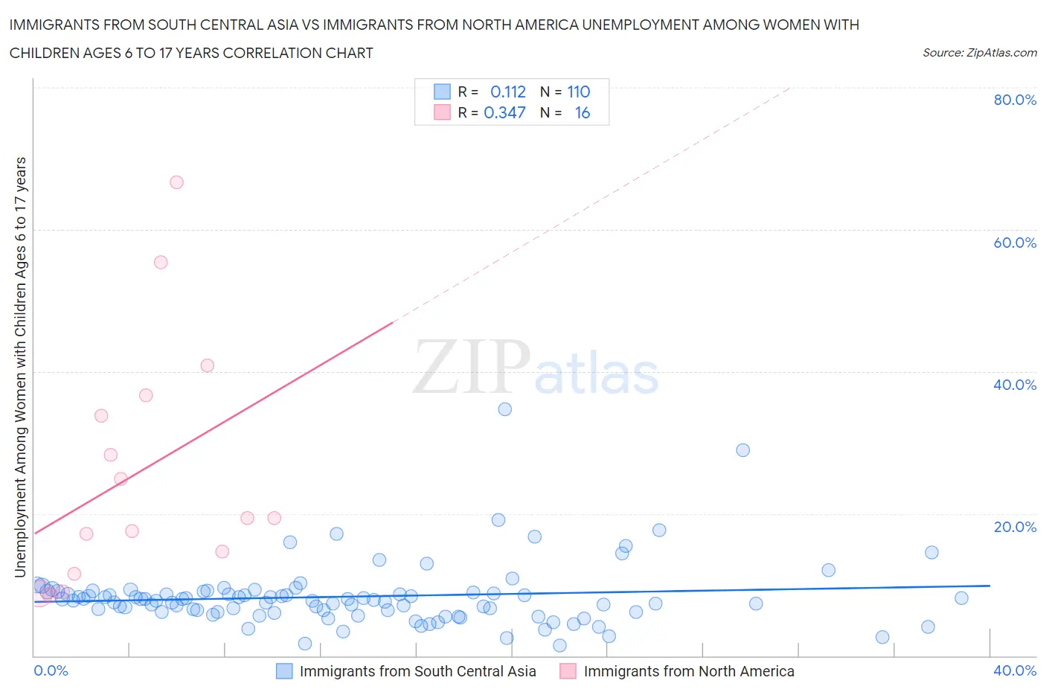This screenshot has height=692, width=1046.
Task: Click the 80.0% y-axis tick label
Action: pyautogui.click(x=1015, y=100)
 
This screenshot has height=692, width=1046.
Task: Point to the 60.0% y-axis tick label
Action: pyautogui.click(x=1015, y=243)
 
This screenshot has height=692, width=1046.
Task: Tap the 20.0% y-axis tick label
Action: pyautogui.click(x=1015, y=527)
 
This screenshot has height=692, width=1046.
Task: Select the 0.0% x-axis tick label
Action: pyautogui.click(x=51, y=670)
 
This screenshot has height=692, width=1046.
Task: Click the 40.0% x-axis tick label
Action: pyautogui.click(x=1015, y=670)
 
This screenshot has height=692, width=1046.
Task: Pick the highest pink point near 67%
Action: pyautogui.click(x=176, y=182)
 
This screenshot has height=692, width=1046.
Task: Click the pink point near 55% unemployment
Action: pyautogui.click(x=161, y=262)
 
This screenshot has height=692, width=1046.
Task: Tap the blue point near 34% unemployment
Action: pyautogui.click(x=505, y=409)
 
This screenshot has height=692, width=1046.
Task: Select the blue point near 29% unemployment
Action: pyautogui.click(x=742, y=450)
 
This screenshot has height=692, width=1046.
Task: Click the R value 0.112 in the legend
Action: pyautogui.click(x=507, y=92)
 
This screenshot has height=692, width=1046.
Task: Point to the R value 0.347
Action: pyautogui.click(x=504, y=112)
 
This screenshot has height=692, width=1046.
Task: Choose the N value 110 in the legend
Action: pyautogui.click(x=578, y=92)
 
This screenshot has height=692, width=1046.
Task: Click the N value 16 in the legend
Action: pyautogui.click(x=583, y=112)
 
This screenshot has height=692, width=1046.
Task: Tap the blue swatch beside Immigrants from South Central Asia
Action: pyautogui.click(x=284, y=671)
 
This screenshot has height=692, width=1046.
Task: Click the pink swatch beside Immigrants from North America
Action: pyautogui.click(x=568, y=671)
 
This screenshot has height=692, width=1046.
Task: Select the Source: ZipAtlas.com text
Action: pyautogui.click(x=979, y=53)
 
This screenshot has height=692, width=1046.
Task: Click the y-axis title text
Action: pyautogui.click(x=20, y=367)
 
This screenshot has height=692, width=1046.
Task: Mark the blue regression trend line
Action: pyautogui.click(x=521, y=594)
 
